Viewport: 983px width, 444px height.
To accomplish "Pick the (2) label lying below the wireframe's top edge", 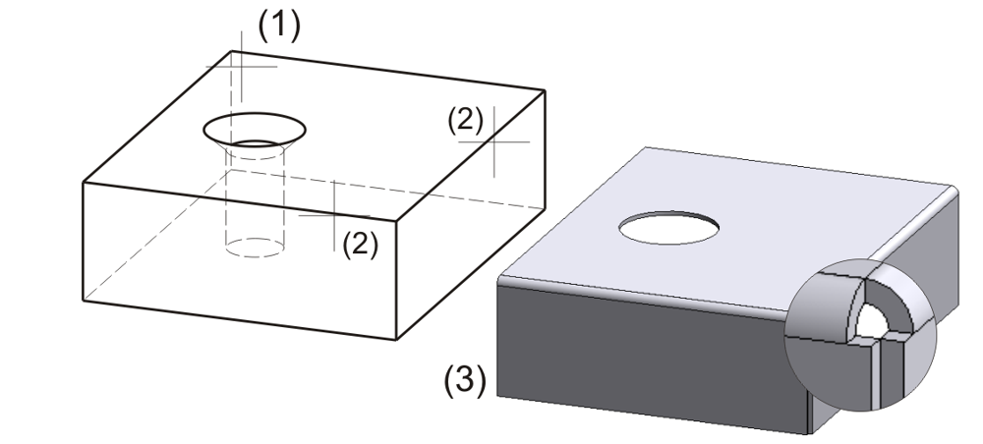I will (x=359, y=244).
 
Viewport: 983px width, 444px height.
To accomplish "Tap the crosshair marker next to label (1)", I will (x=241, y=66).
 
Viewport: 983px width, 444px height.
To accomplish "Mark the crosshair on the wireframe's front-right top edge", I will (x=334, y=215).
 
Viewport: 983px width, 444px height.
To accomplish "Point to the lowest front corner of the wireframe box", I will (x=396, y=339).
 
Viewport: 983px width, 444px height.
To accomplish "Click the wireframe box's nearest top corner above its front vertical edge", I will (x=397, y=224).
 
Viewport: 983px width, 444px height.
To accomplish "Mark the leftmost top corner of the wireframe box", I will (x=82, y=183).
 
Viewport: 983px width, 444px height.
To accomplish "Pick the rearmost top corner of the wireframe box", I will (x=231, y=51).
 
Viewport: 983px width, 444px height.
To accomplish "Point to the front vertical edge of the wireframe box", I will (x=397, y=285).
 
